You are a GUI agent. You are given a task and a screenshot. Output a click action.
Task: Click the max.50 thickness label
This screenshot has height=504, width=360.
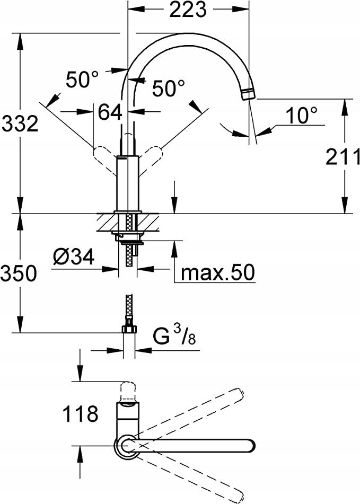[x=217, y=272]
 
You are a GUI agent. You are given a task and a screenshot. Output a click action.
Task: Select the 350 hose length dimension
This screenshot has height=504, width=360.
[x=19, y=273]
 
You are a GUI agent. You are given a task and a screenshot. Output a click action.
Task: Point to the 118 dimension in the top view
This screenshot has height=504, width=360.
[x=80, y=413]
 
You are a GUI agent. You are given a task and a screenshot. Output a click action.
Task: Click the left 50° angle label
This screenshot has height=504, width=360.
[x=82, y=79]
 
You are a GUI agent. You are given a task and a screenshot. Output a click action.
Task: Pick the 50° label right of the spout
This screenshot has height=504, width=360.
[x=168, y=88]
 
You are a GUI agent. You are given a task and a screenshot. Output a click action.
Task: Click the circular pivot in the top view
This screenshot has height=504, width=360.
[x=127, y=445]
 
